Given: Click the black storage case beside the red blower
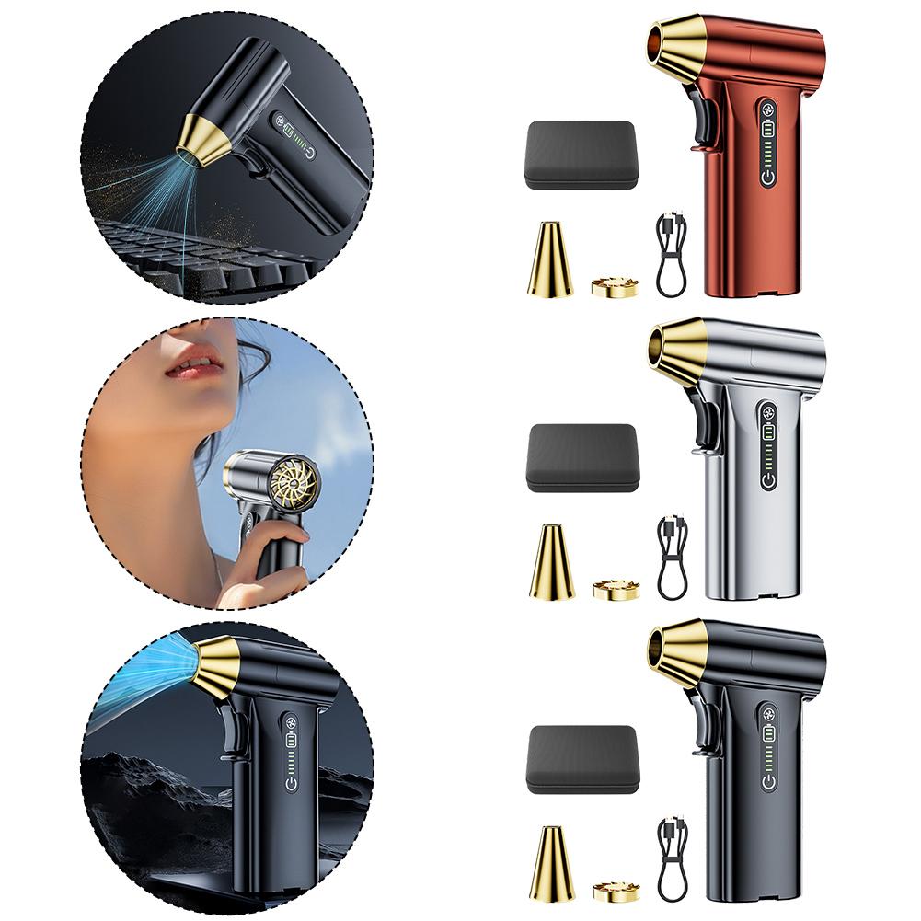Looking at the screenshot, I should (x=580, y=155).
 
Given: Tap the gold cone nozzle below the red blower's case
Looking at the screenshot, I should (x=549, y=261).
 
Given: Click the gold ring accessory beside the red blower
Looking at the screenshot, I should (x=614, y=286).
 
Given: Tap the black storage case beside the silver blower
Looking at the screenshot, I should (x=582, y=458).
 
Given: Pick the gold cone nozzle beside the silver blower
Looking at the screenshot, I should (x=551, y=563).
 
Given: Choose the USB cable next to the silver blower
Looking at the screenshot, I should (x=672, y=557).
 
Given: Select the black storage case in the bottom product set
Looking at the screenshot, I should (x=582, y=759).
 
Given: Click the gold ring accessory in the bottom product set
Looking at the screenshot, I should (x=616, y=891).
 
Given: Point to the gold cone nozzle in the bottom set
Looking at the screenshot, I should (x=551, y=865).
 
